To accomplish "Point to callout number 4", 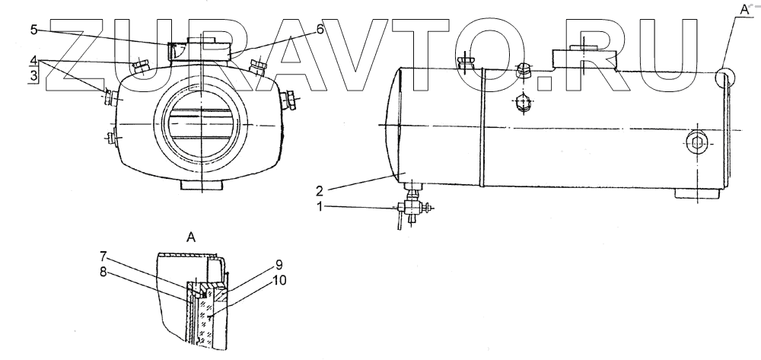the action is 33,60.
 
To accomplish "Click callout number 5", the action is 33,30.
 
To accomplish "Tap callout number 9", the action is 279,266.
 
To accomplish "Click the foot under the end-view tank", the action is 201,184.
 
